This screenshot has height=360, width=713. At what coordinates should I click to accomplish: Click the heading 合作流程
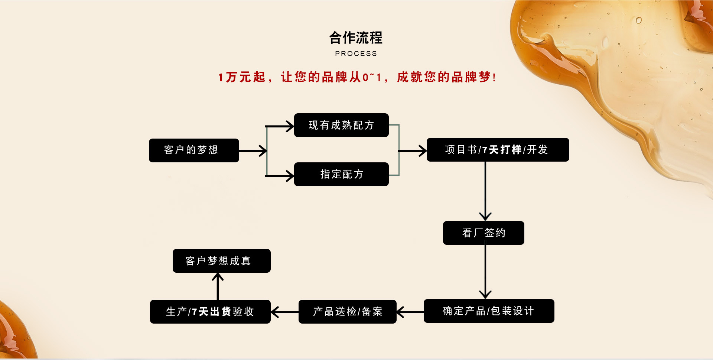click(x=356, y=38)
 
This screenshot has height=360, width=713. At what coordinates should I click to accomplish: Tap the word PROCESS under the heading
click(x=356, y=54)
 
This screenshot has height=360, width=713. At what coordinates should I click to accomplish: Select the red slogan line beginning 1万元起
click(x=356, y=77)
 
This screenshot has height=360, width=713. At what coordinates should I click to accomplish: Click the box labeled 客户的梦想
click(x=194, y=150)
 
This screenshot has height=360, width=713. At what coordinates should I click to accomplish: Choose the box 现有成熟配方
click(x=341, y=125)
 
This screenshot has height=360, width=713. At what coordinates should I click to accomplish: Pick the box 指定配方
click(x=341, y=174)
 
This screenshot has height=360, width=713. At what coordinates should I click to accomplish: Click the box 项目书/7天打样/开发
click(x=498, y=150)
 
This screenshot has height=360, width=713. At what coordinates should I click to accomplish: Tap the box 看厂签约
click(x=484, y=233)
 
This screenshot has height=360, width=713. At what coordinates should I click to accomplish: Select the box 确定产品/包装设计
click(x=489, y=311)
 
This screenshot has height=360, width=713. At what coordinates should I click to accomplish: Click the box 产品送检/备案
click(x=347, y=312)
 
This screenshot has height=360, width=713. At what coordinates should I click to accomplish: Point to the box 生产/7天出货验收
click(x=210, y=312)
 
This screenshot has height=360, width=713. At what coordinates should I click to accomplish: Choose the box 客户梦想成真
click(x=221, y=261)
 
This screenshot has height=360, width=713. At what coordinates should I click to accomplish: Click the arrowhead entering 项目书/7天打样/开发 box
click(x=422, y=151)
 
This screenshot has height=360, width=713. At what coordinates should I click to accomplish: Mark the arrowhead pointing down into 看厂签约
click(x=485, y=216)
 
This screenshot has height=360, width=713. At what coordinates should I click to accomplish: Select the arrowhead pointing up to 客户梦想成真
click(x=218, y=277)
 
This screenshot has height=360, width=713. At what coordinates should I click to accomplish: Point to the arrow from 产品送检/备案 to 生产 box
click(x=284, y=312)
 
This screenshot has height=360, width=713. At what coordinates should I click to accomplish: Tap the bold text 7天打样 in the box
click(x=502, y=150)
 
